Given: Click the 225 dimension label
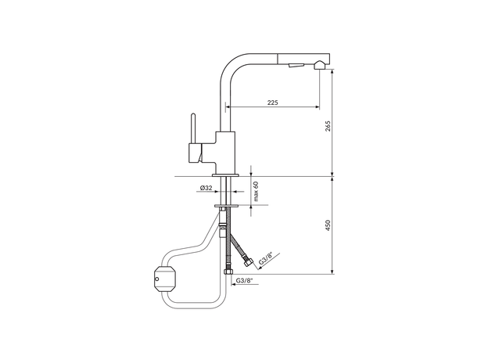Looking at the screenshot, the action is click(x=272, y=103).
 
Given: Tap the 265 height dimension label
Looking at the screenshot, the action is click(x=328, y=125).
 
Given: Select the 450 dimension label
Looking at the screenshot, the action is click(x=328, y=225).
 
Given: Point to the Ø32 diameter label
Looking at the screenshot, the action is click(x=206, y=188).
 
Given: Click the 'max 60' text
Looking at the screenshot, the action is click(x=256, y=191).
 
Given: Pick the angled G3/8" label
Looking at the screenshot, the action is click(x=266, y=258).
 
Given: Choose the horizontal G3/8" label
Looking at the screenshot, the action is click(x=244, y=280).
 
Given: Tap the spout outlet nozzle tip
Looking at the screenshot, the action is click(x=320, y=65).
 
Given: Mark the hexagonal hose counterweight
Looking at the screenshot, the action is click(x=165, y=279).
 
